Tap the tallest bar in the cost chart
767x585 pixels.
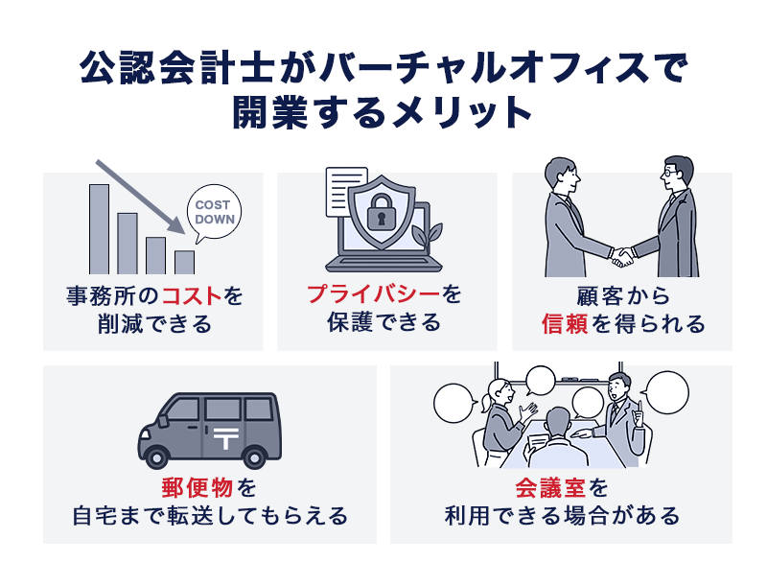(99, 228)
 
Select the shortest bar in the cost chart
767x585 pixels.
(184, 262)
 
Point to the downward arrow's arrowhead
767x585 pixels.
(176, 228)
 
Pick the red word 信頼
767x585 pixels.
(567, 323)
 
